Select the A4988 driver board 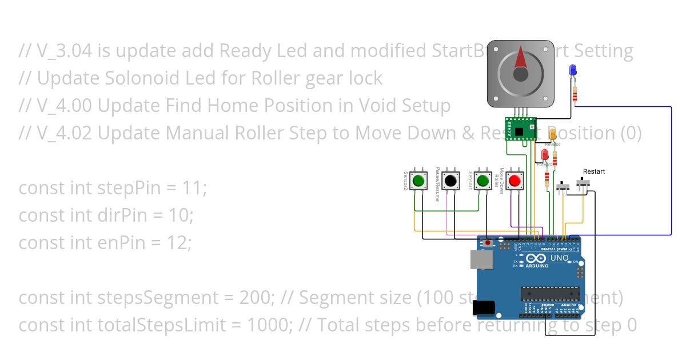(x=520, y=129)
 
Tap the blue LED (x=573, y=71)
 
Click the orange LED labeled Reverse (x=553, y=135)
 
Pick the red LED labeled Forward (x=545, y=155)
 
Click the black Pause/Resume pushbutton (x=451, y=181)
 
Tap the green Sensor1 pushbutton (x=483, y=181)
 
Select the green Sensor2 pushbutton (x=419, y=181)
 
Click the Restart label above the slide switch (x=593, y=171)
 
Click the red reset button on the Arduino (x=487, y=243)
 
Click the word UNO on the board (x=559, y=258)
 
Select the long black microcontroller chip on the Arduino (x=550, y=294)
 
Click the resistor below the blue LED (x=575, y=93)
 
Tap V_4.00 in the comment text (x=63, y=106)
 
